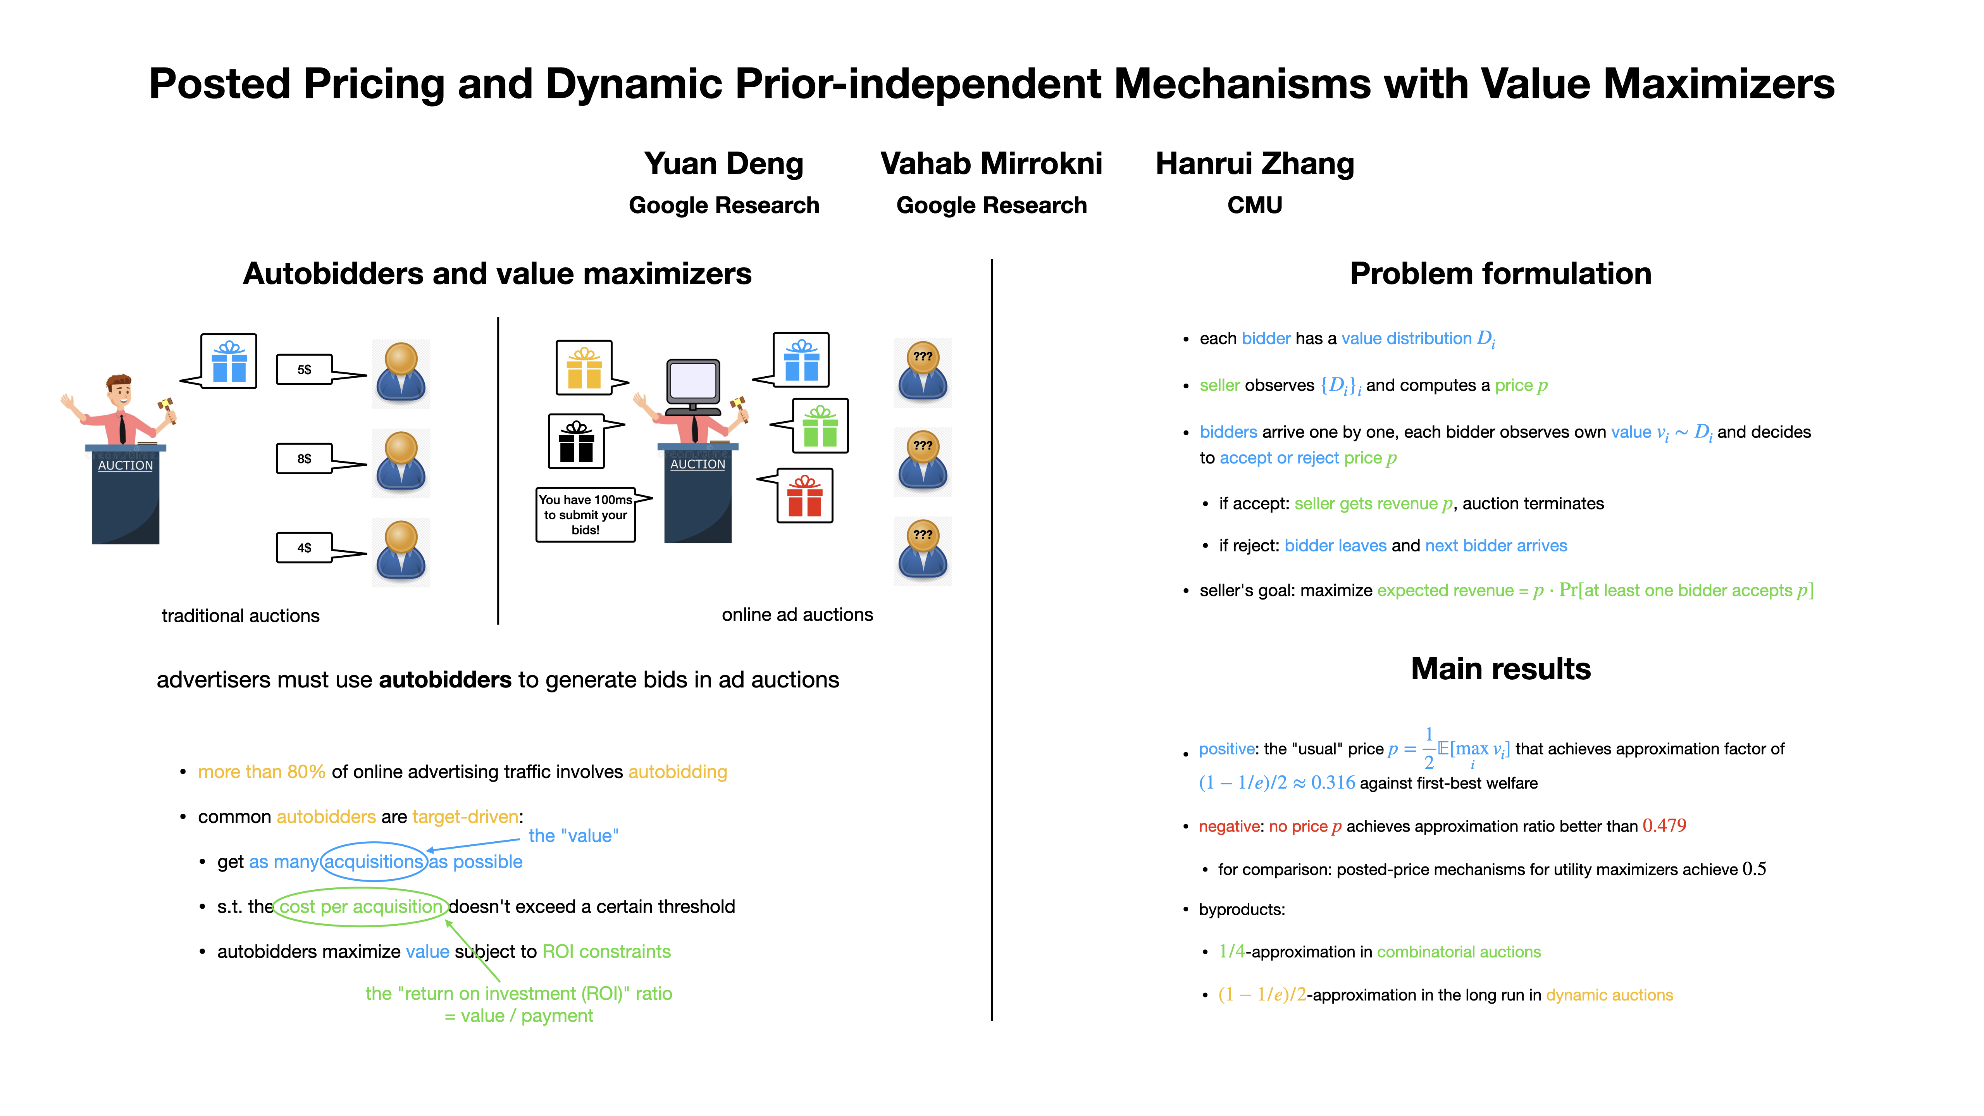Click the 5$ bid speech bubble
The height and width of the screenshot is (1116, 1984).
tap(305, 370)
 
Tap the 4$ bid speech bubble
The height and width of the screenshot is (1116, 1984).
tap(305, 548)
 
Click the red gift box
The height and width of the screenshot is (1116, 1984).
tap(805, 496)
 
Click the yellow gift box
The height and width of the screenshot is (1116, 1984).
tap(584, 367)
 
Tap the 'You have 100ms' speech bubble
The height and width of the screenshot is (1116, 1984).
tap(586, 515)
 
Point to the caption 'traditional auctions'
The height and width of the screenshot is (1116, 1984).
tap(240, 615)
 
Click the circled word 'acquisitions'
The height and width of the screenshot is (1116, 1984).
tap(374, 862)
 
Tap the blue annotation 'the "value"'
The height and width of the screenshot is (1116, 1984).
tap(573, 836)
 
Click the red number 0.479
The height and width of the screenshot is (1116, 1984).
tap(1664, 826)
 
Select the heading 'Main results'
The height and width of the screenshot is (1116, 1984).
tap(1500, 668)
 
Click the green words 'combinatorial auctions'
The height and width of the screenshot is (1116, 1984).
tap(1459, 952)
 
